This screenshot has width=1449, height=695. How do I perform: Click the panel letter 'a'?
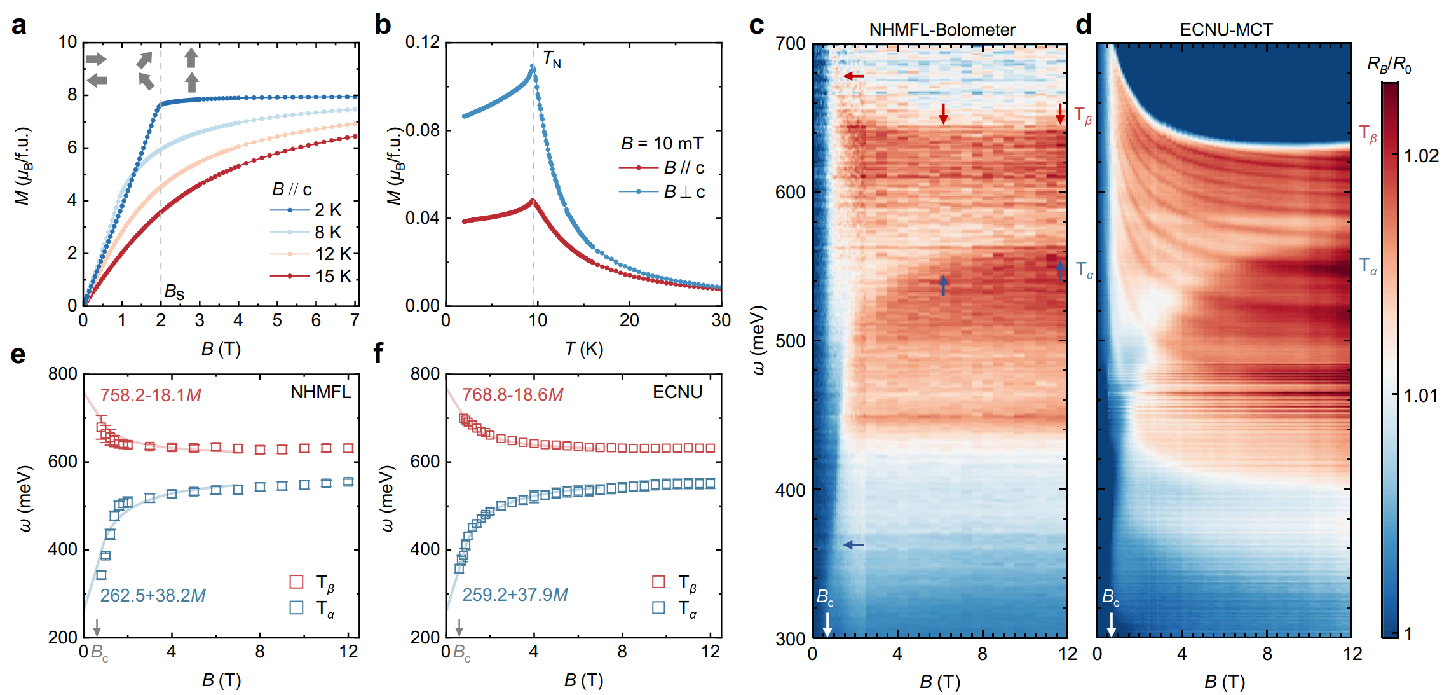[x=19, y=25]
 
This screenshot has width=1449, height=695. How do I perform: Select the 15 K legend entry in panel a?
[x=311, y=276]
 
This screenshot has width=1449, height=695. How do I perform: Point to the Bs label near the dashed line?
[x=174, y=292]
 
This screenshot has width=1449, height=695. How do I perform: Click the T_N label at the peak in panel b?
[x=552, y=60]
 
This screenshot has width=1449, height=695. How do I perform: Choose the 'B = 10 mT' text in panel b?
[x=662, y=144]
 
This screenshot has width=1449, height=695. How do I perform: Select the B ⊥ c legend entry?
[x=662, y=192]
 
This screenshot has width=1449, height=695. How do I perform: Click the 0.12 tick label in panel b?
[x=423, y=43]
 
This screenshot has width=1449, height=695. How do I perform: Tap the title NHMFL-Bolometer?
[x=942, y=30]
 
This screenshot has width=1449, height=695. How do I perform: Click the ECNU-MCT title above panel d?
[x=1226, y=30]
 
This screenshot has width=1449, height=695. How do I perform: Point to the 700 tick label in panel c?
[x=790, y=44]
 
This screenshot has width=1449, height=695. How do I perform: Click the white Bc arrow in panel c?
[x=827, y=624]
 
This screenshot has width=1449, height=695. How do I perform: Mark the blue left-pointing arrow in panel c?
[x=854, y=545]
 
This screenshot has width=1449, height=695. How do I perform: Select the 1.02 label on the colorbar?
[x=1420, y=156]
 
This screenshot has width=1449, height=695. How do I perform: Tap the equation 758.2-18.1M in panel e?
[x=151, y=396]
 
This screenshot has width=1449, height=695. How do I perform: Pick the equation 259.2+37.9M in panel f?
[x=515, y=595]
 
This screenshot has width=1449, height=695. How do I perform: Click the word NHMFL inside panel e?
[x=320, y=392]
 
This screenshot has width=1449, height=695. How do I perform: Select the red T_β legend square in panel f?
[x=658, y=582]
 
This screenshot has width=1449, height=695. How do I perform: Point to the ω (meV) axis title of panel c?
[x=758, y=340]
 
